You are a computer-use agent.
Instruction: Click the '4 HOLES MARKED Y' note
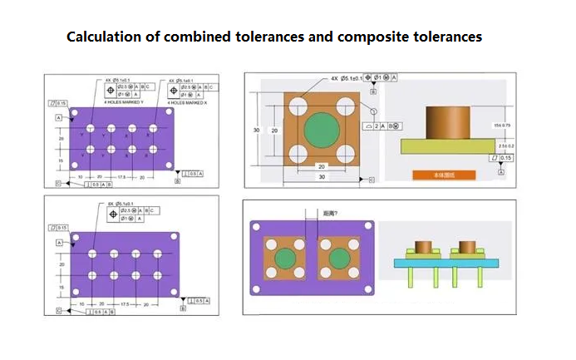click(x=125, y=101)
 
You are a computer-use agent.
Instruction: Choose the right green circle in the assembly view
click(x=338, y=259)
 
